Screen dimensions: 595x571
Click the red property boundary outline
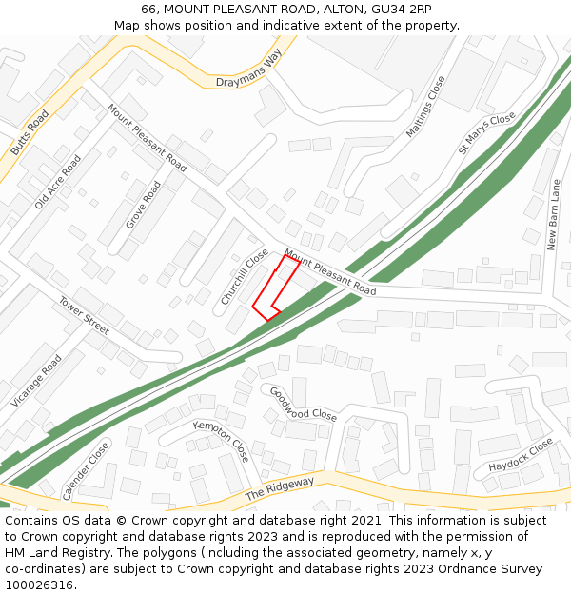tap(276, 287)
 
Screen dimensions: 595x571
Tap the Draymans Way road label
tap(249, 71)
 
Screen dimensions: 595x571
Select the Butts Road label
tap(30, 132)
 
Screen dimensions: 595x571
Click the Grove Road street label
tap(144, 206)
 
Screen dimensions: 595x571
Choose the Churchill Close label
tap(245, 277)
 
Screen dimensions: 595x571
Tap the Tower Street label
tap(84, 315)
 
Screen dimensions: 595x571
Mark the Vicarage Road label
tap(36, 381)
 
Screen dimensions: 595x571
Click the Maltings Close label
tap(425, 107)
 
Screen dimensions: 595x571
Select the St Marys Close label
tap(486, 132)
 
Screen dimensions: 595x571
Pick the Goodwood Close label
tap(303, 404)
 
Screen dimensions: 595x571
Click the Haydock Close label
tap(521, 456)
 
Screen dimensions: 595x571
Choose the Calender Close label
tap(86, 470)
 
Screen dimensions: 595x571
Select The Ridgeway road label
tap(280, 489)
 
